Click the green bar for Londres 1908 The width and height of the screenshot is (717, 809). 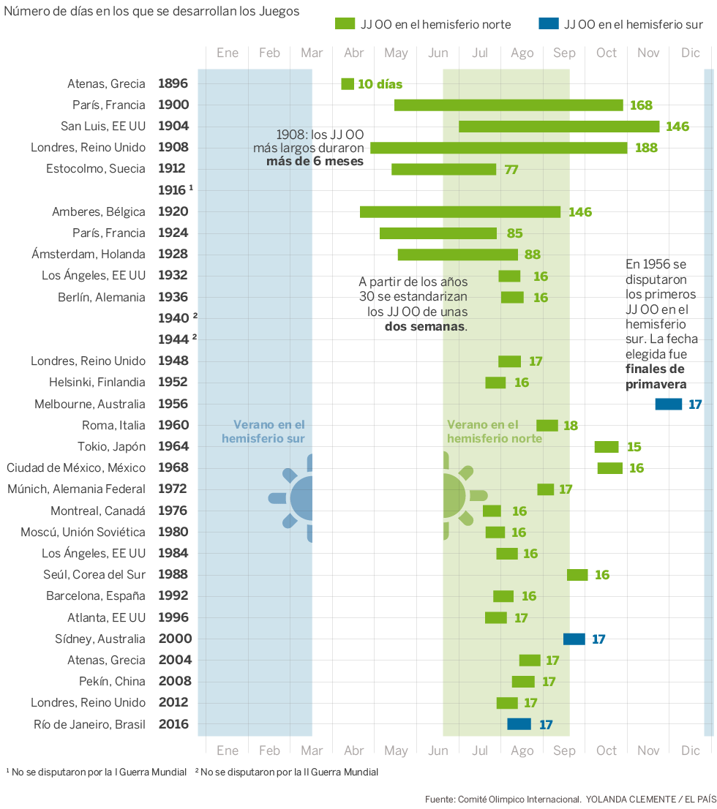click(498, 148)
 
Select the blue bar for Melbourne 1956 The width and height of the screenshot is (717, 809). click(668, 404)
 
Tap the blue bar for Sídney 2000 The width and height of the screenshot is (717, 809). click(574, 639)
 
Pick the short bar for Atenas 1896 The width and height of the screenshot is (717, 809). click(348, 84)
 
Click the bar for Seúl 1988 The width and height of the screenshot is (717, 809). click(577, 575)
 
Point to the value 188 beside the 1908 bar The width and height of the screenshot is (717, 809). click(646, 148)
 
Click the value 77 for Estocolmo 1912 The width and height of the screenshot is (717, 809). click(511, 170)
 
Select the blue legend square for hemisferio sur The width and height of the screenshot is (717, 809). click(548, 24)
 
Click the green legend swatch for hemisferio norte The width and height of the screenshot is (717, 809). click(344, 24)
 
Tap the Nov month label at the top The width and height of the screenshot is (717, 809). click(648, 53)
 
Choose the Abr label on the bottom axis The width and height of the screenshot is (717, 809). click(353, 750)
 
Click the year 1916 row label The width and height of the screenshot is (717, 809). click(173, 190)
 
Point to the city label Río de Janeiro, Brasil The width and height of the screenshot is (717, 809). click(89, 725)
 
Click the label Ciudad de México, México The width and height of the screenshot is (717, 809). click(76, 468)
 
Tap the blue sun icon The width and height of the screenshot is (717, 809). click(296, 498)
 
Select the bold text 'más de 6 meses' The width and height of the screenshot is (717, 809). click(315, 162)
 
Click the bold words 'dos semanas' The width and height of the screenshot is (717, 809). click(425, 326)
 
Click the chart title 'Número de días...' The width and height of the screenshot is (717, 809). click(151, 12)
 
